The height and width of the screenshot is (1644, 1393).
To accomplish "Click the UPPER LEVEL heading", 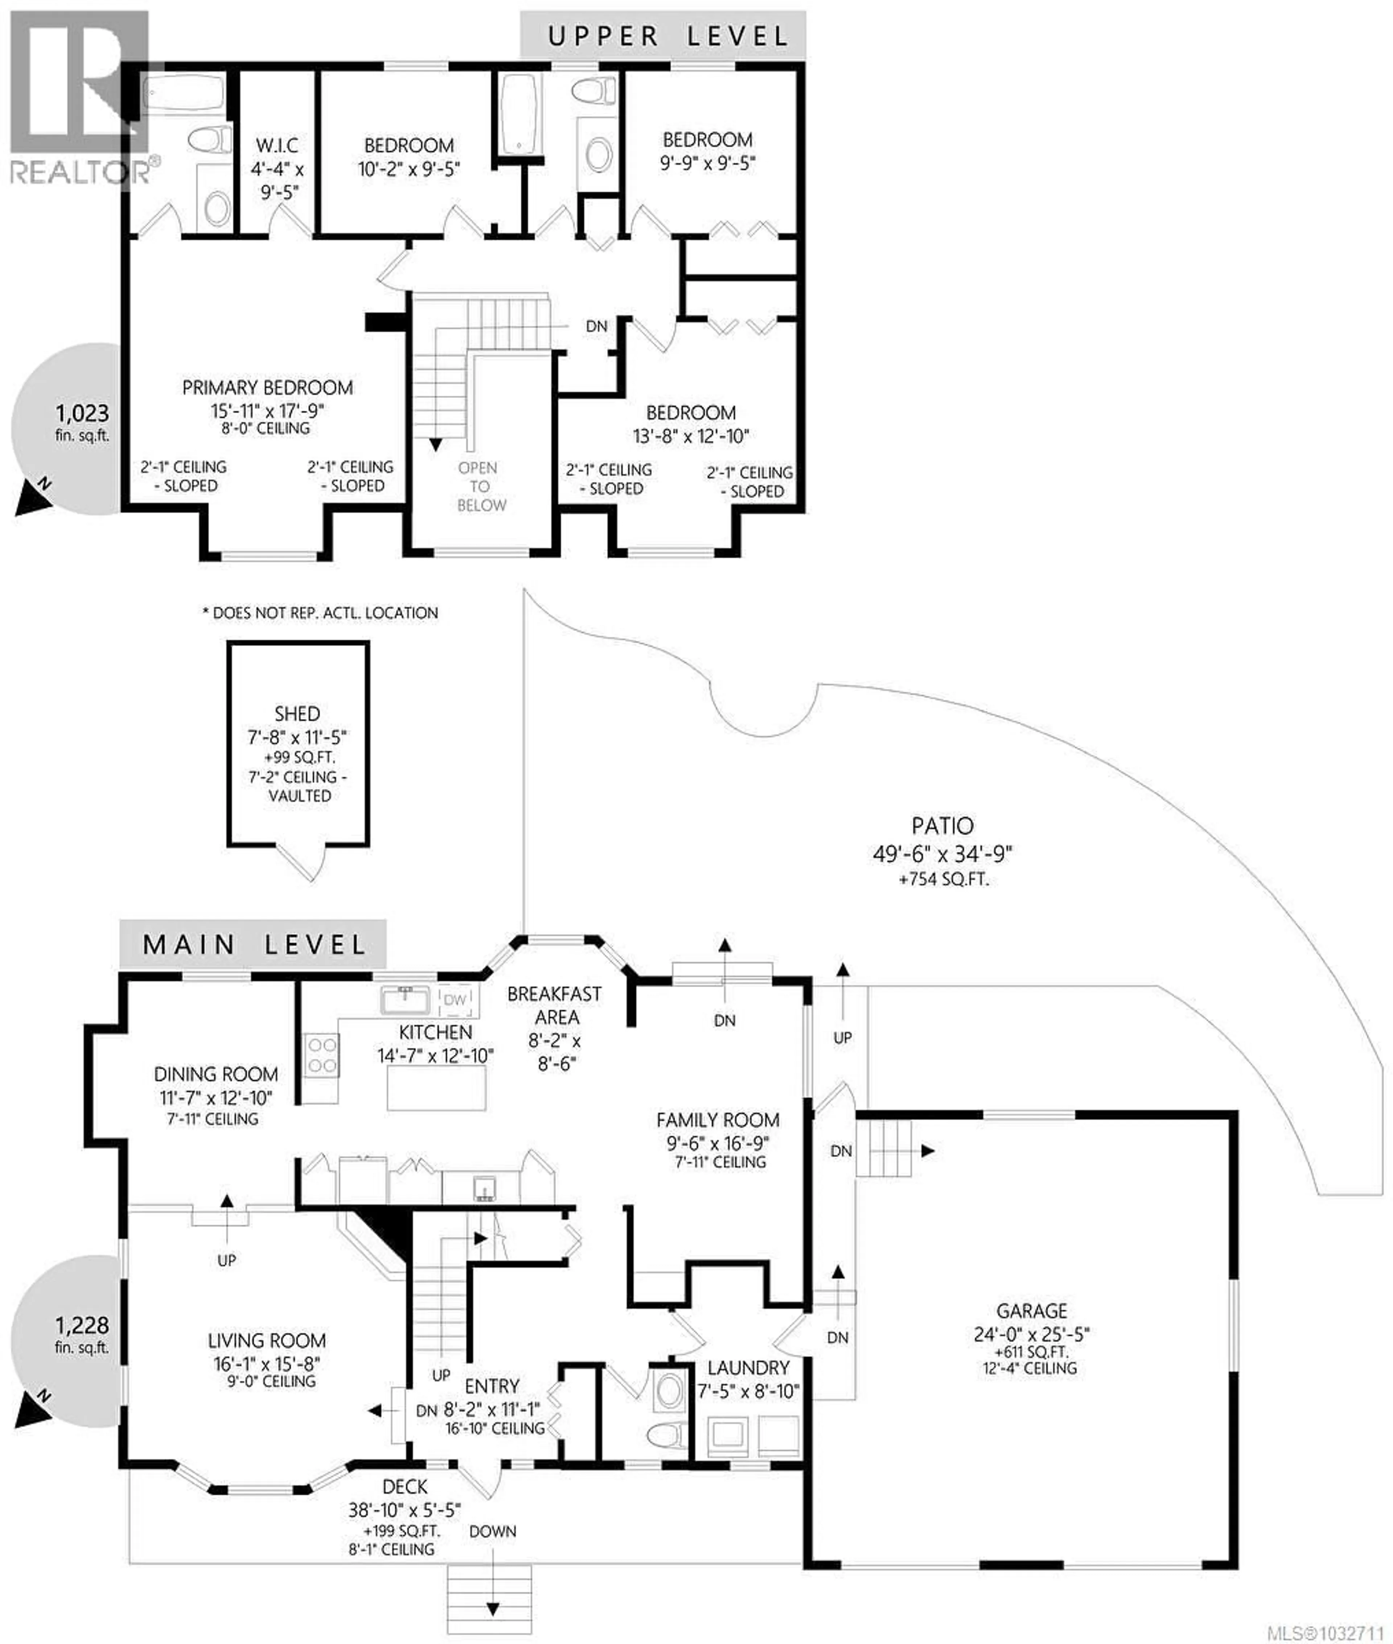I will coord(667,36).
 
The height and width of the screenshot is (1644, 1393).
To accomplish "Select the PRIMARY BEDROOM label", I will coord(267,388).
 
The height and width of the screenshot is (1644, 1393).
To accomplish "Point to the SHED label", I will coord(297,713).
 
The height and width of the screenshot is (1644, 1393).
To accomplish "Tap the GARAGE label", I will coord(1031,1311).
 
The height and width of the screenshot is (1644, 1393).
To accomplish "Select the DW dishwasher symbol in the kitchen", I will coord(455,1000).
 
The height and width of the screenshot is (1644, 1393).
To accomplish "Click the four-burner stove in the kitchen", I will coord(321,1055).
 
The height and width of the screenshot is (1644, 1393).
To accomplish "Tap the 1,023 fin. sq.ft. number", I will coord(82,414).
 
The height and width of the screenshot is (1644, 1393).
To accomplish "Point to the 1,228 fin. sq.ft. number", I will coord(82,1325).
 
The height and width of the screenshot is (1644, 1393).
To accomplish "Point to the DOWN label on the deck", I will coord(493,1531).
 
